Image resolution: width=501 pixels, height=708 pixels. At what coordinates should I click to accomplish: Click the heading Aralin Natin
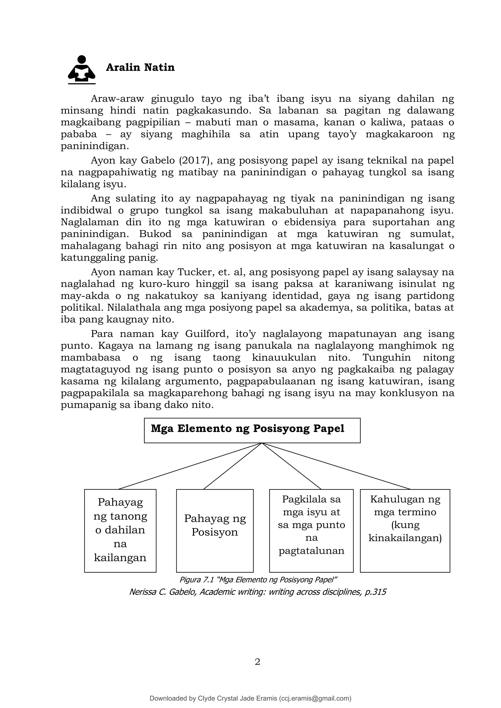click(140, 67)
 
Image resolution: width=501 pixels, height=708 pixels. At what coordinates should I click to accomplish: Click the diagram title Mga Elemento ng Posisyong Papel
click(247, 429)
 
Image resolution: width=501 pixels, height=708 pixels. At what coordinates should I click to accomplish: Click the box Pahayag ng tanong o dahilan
click(120, 530)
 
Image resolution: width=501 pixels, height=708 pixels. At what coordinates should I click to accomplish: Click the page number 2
click(257, 662)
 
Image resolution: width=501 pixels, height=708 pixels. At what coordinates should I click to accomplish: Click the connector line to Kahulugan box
click(336, 466)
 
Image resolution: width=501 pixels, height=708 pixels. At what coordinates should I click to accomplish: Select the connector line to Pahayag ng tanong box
click(190, 466)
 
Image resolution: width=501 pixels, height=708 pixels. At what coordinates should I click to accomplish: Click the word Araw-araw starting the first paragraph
click(117, 99)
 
